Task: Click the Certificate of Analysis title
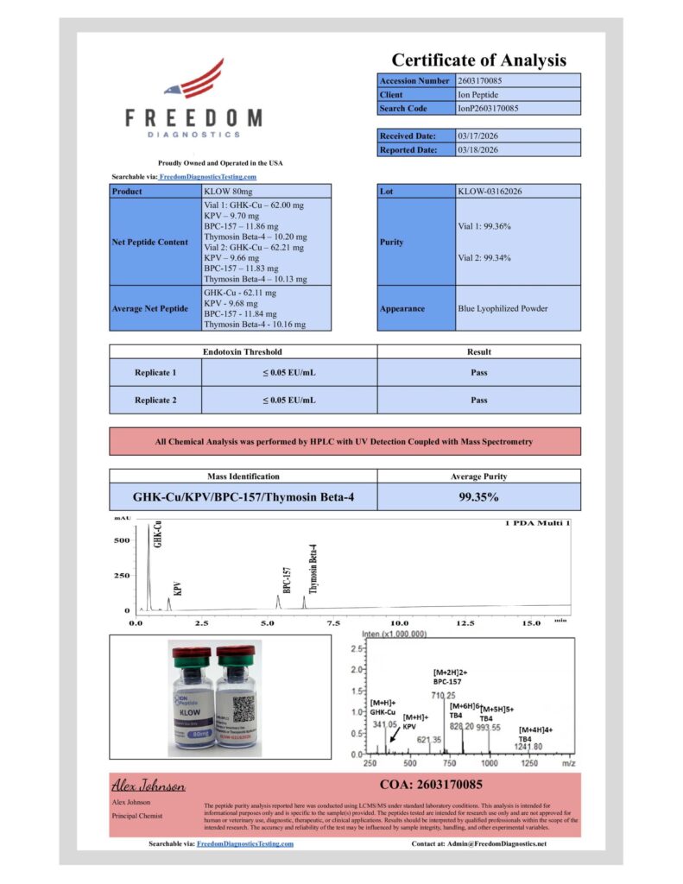tap(478, 60)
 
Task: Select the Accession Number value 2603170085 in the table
tap(480, 80)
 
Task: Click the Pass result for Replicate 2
tap(478, 400)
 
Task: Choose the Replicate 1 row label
tap(155, 373)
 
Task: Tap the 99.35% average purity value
tap(478, 497)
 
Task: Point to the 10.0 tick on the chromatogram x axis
tap(400, 622)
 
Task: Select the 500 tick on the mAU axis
tap(121, 541)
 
